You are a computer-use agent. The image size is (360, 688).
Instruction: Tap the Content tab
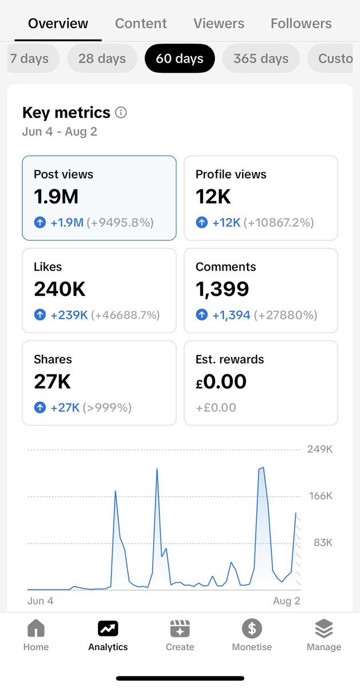click(141, 24)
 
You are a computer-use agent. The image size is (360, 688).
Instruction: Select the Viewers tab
click(218, 24)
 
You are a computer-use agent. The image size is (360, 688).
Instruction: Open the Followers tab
click(301, 24)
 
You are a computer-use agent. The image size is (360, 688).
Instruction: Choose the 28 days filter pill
click(102, 58)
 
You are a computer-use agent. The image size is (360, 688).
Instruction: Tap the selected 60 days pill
click(179, 58)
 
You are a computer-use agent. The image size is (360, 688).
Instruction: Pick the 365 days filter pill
click(261, 58)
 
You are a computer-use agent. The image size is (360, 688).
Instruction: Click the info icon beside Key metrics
click(121, 112)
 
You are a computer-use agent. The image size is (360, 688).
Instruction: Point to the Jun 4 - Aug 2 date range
click(60, 132)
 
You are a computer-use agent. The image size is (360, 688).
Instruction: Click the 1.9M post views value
click(56, 197)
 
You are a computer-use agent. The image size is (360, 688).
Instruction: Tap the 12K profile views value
click(213, 197)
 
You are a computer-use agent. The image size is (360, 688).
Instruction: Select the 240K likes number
click(60, 289)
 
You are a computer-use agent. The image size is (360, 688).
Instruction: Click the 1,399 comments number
click(222, 289)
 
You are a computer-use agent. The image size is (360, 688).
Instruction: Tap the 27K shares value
click(52, 381)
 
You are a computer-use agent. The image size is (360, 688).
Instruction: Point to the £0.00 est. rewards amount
click(221, 381)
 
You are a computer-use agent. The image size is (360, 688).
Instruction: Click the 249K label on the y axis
click(320, 449)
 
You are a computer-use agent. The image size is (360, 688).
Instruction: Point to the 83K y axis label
click(322, 542)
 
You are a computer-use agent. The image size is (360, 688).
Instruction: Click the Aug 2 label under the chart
click(286, 601)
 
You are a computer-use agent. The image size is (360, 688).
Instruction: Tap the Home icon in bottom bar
click(36, 629)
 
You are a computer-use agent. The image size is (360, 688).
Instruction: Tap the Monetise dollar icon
click(252, 629)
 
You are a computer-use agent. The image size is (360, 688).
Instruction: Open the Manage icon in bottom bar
click(324, 629)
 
